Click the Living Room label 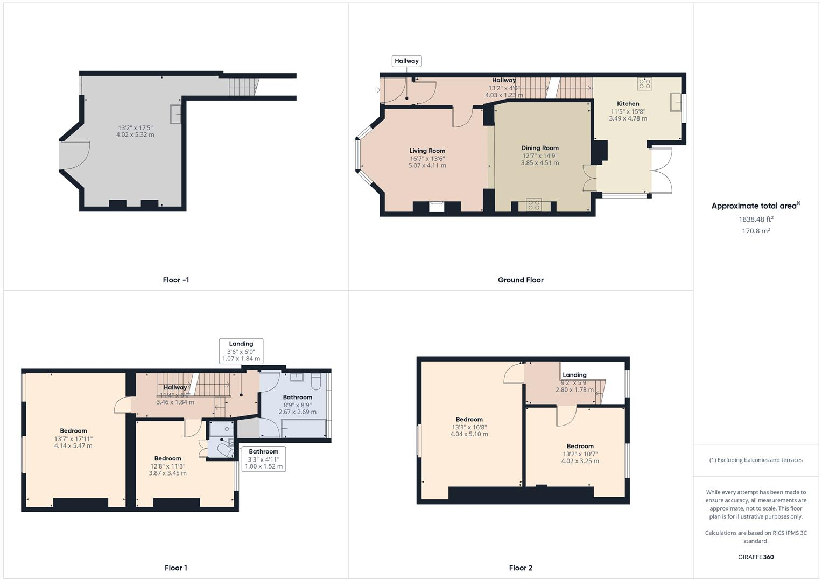427,151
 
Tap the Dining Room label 539,148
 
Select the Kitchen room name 628,103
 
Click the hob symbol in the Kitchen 644,84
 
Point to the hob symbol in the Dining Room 533,204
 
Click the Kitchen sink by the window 676,102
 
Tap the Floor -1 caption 175,280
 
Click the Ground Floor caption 520,280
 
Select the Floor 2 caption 520,568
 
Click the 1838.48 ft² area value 756,219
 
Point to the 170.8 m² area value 756,231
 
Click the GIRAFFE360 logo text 756,557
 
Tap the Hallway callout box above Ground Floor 406,61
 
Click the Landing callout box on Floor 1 241,351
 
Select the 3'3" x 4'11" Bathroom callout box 263,459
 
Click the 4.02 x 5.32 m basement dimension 135,134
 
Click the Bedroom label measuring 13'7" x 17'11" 73,430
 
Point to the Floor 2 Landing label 574,375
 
